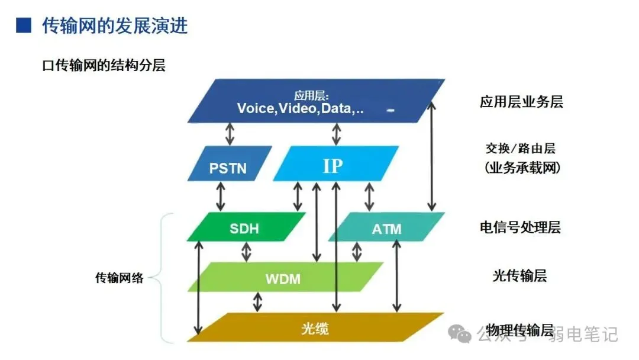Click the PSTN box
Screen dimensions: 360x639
pyautogui.click(x=228, y=164)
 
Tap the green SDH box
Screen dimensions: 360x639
pyautogui.click(x=244, y=227)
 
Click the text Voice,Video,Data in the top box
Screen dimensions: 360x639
pyautogui.click(x=300, y=108)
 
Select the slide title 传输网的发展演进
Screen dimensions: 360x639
pyautogui.click(x=115, y=26)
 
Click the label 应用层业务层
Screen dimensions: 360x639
pyautogui.click(x=521, y=102)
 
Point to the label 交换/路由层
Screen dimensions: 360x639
pyautogui.click(x=520, y=149)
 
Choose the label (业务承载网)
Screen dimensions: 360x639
pyautogui.click(x=521, y=168)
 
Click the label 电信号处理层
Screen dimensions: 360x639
pyautogui.click(x=520, y=227)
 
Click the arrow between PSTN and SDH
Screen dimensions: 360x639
pyautogui.click(x=221, y=196)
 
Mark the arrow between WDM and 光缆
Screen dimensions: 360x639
pyautogui.click(x=257, y=302)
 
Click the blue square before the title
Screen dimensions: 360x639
pyautogui.click(x=23, y=25)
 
